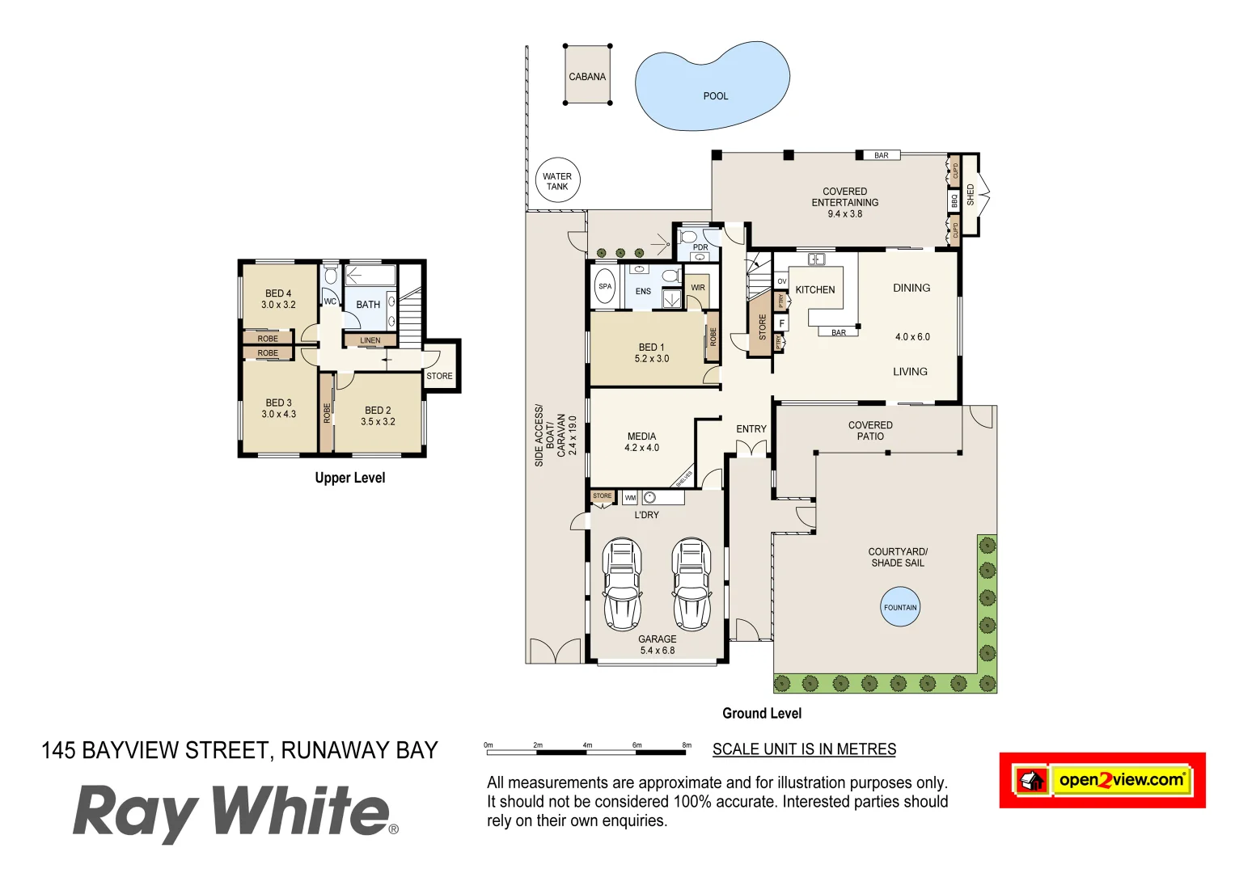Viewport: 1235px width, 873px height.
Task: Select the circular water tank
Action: tap(557, 180)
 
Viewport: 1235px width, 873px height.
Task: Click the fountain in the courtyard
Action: tap(900, 607)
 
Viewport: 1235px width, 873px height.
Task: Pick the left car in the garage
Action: tap(622, 584)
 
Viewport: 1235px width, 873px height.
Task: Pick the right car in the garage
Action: tap(692, 584)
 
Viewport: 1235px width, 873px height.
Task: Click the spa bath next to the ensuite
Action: tap(605, 286)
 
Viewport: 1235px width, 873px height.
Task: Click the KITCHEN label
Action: tap(814, 289)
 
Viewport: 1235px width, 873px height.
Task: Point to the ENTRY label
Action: tap(751, 429)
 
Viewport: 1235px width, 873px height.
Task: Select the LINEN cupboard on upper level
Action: tap(370, 340)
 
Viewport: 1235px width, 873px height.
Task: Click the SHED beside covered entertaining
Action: tap(970, 194)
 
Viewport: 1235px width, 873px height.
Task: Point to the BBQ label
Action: tap(954, 200)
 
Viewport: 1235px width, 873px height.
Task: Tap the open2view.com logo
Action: tap(1102, 780)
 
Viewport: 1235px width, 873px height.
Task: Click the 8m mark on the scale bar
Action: tap(687, 745)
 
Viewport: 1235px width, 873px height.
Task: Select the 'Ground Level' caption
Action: tap(762, 713)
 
